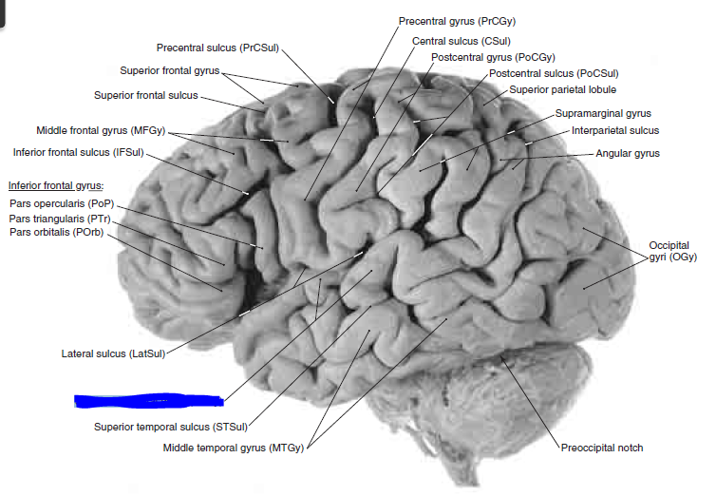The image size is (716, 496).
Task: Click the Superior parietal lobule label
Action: tap(563, 89)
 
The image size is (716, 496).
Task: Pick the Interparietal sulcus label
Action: tap(614, 130)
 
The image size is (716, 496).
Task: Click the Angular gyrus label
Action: tap(627, 153)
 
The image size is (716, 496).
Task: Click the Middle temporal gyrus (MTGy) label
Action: tap(233, 447)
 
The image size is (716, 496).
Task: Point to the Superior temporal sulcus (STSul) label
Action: tap(171, 427)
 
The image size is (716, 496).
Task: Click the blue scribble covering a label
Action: tap(149, 400)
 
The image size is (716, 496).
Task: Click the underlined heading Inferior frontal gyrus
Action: tap(55, 185)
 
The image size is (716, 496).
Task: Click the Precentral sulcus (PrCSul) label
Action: tap(217, 48)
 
